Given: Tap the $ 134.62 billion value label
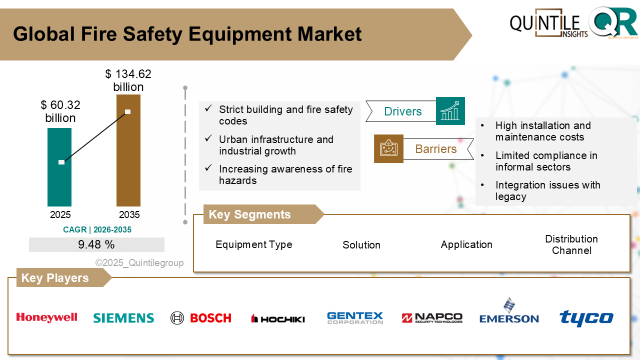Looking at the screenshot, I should click(128, 80).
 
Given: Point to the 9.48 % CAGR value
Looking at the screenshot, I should click(96, 244).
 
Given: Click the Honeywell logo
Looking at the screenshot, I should click(46, 317).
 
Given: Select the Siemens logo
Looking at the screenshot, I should click(123, 318).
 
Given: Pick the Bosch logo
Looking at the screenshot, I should click(200, 318).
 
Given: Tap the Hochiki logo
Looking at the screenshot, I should click(277, 318).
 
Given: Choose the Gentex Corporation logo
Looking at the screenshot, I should click(355, 318).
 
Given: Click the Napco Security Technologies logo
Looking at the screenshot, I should click(432, 318).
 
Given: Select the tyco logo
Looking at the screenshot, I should click(586, 318).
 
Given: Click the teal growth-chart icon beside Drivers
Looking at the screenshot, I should click(450, 111).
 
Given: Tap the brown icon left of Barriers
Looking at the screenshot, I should click(388, 148).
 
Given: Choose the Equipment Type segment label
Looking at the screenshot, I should click(254, 244).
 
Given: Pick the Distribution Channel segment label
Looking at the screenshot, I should click(571, 244).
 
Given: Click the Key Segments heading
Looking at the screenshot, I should click(249, 214).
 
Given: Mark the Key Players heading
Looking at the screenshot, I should click(55, 278).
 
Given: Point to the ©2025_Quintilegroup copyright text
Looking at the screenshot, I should click(139, 263).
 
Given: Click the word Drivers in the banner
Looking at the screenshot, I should click(403, 111).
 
